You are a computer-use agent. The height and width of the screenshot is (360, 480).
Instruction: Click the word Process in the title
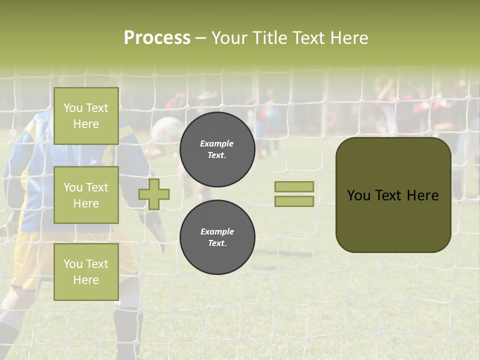(x=157, y=38)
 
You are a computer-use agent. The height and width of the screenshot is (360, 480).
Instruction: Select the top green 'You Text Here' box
(x=86, y=116)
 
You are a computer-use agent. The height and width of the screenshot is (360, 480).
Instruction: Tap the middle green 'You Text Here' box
(x=86, y=195)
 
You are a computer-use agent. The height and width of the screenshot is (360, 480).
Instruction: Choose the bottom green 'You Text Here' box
(x=86, y=271)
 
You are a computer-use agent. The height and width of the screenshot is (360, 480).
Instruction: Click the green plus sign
(x=154, y=194)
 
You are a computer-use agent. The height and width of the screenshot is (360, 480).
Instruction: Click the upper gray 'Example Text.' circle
(x=217, y=149)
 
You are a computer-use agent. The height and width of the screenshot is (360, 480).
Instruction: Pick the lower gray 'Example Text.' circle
(x=217, y=237)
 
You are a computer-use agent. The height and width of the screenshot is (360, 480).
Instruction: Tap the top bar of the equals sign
(x=294, y=186)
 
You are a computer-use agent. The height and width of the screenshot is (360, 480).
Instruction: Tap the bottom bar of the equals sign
(x=294, y=201)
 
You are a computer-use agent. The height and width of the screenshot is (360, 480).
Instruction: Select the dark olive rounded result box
(x=393, y=195)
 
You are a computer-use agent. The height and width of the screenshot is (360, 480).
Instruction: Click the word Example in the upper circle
(x=216, y=143)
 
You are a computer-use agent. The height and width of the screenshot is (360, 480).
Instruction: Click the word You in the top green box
(x=73, y=108)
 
